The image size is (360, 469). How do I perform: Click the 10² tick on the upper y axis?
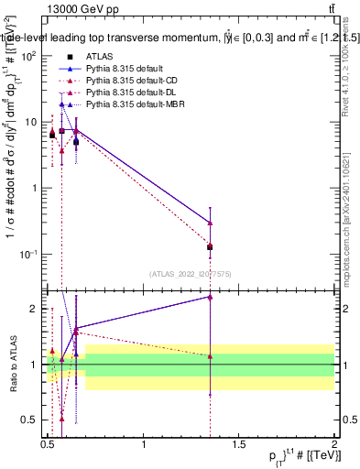(28, 57)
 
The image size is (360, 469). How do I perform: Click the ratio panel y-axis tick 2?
(35, 309)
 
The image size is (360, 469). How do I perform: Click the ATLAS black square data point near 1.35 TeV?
(210, 246)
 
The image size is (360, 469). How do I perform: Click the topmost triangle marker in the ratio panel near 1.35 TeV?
(210, 297)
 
